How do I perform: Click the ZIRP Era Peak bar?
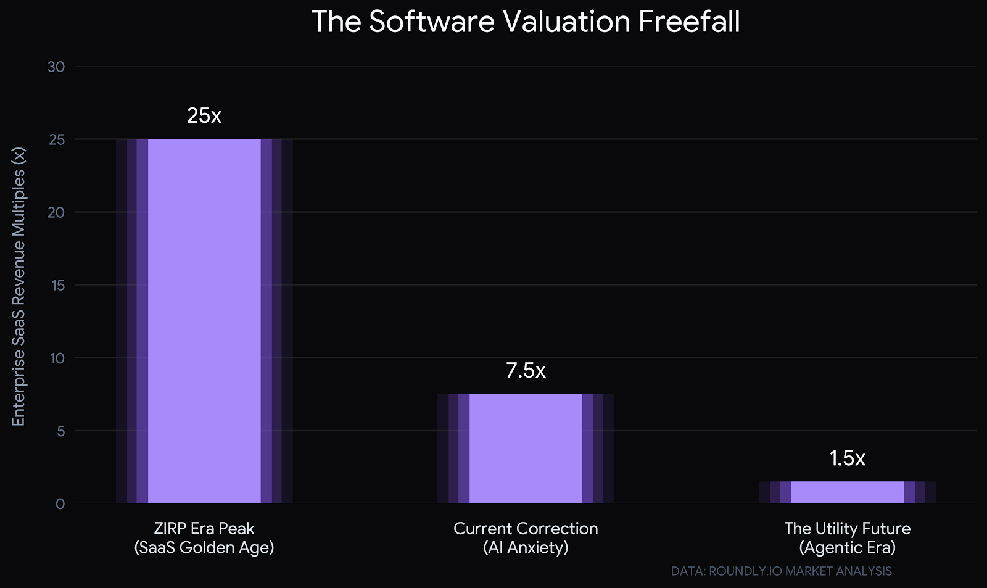pos(204,321)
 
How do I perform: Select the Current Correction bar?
pos(526,449)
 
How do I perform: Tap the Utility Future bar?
pos(847,492)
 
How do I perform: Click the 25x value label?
pos(204,115)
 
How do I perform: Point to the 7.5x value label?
pos(526,370)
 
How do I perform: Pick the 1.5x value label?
pos(847,458)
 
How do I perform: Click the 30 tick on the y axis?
pos(56,67)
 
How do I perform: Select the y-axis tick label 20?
pos(56,213)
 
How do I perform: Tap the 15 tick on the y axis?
pos(57,286)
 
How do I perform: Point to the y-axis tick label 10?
pos(57,358)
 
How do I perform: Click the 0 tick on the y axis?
pos(60,504)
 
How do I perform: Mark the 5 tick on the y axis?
pos(60,431)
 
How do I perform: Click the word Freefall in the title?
pos(688,22)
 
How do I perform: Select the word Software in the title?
pos(432,22)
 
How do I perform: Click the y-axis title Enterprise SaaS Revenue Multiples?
pos(19,287)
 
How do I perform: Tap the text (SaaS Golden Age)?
pos(204,548)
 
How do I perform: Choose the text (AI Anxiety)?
pos(526,548)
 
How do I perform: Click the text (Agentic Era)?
pos(847,548)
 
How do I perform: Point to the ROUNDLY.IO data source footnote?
pos(781,571)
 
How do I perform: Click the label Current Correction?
pos(526,529)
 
